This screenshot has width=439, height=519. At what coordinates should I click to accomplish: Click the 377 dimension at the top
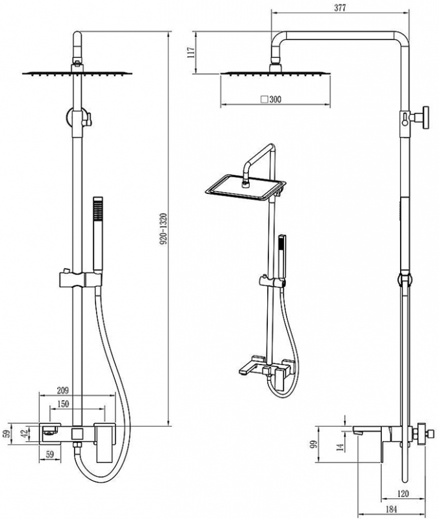click(340, 8)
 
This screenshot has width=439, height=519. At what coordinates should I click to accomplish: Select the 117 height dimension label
click(191, 53)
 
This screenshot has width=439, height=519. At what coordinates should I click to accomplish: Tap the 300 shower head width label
click(275, 99)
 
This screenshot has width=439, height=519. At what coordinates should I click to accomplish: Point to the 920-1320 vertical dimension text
click(164, 229)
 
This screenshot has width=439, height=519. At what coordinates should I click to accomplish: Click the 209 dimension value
click(62, 391)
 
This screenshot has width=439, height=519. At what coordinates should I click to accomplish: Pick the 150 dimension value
click(63, 404)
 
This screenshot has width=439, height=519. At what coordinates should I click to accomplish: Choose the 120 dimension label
click(403, 494)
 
